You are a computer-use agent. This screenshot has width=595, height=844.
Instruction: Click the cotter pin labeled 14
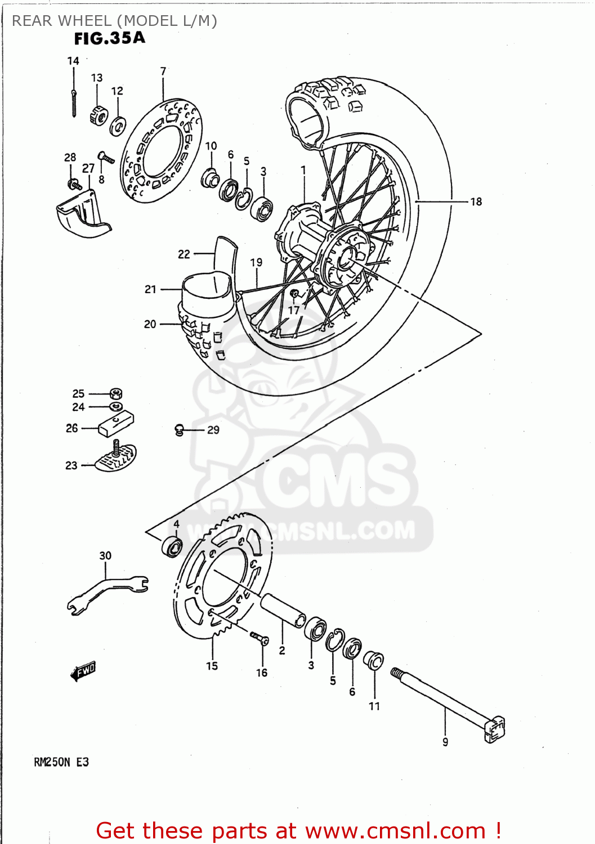74,103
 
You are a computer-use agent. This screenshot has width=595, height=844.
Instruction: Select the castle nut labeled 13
99,115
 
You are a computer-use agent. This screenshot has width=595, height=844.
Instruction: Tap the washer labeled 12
118,126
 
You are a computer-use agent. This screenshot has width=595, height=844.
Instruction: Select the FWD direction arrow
83,671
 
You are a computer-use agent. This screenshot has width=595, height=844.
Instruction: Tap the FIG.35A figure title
110,38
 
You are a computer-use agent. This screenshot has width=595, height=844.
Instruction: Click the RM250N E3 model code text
61,762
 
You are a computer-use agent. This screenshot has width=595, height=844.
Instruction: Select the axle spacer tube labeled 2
283,610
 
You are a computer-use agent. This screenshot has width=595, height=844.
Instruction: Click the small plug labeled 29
180,430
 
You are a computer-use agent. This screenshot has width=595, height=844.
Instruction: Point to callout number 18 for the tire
476,201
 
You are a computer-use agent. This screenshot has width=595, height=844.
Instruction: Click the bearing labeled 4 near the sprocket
172,546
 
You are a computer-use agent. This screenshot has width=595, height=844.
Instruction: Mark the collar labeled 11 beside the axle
374,659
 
